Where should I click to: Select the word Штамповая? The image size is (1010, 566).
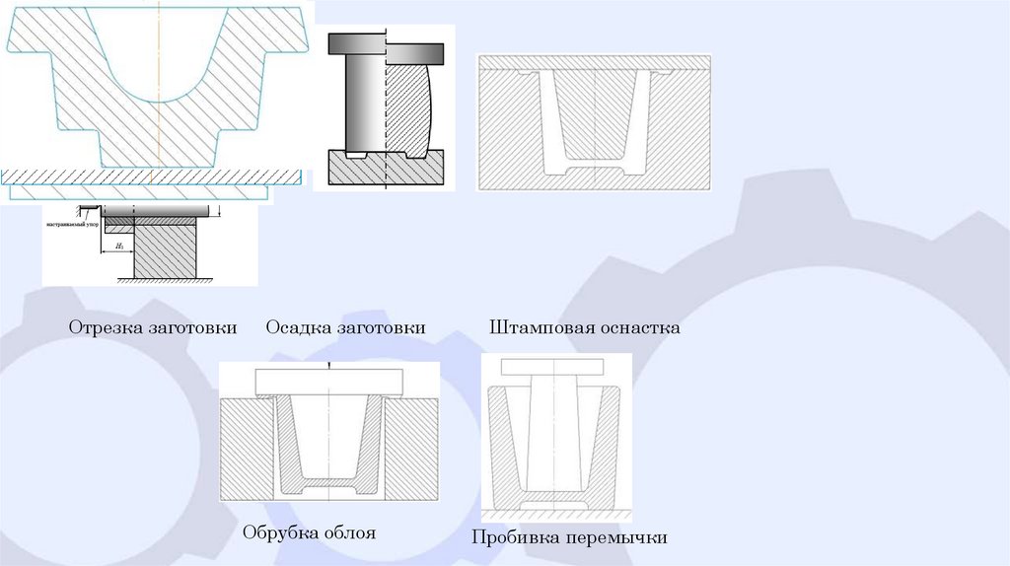tap(536, 327)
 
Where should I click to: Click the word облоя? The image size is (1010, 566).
tap(347, 533)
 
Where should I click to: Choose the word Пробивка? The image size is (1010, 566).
tap(514, 538)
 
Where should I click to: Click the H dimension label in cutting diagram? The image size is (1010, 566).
tap(118, 244)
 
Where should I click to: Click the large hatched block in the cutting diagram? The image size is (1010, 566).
tap(166, 251)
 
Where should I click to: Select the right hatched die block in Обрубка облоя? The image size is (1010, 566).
tap(411, 449)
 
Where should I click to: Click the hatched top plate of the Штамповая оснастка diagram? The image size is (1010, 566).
tap(594, 62)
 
